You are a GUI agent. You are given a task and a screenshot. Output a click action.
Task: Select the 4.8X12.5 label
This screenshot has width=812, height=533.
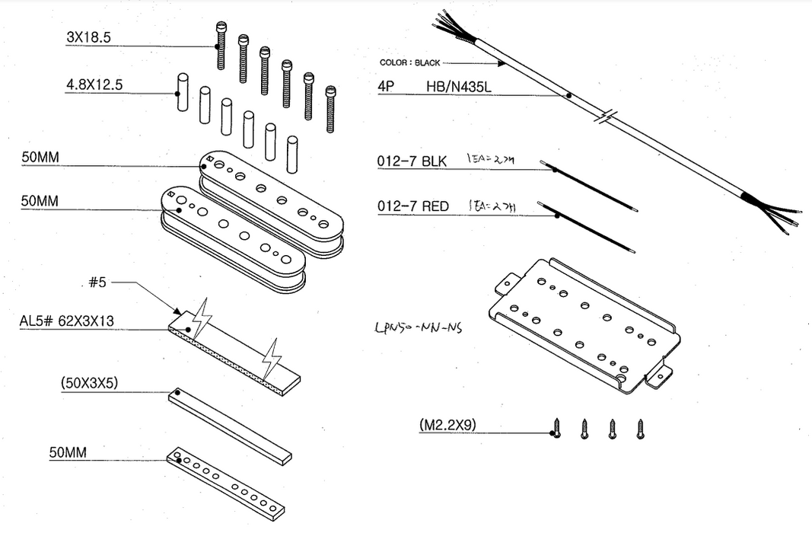pos(94,85)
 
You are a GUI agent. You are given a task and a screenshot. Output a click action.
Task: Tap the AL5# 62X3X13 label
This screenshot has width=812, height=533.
pos(66,321)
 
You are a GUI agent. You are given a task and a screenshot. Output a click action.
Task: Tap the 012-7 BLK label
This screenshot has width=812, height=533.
pos(412,161)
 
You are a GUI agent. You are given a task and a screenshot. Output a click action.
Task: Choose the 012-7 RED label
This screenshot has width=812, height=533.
pos(413,206)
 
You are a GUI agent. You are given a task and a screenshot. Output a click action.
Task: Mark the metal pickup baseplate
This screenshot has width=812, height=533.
pos(582,327)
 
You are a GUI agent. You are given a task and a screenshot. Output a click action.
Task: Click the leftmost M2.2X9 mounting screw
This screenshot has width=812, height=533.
pos(557,429)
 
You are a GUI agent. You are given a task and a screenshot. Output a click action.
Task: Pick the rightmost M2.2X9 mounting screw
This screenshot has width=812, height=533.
pos(640,429)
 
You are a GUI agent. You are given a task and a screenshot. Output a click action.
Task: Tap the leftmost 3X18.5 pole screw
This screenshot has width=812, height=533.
pos(221,46)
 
